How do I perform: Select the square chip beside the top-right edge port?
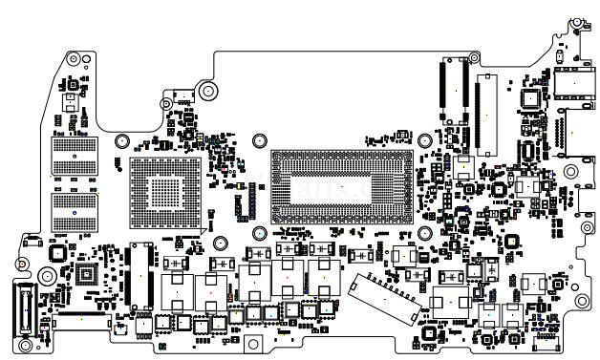tap(528, 98)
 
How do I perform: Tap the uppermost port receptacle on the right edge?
tap(571, 84)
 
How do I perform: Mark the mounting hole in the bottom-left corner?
tap(26, 344)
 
